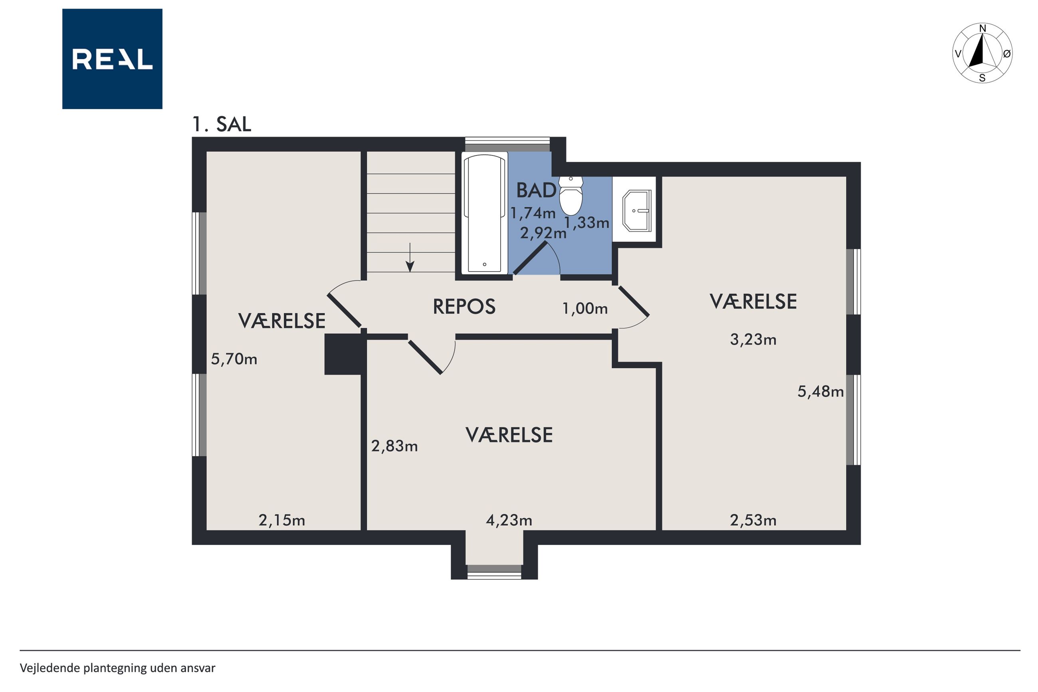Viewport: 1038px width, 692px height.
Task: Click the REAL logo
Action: pos(112,59)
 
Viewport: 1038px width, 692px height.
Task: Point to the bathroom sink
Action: pos(636,211)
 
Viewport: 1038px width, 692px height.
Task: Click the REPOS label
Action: pos(464,307)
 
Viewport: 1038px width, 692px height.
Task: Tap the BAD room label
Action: pos(536,190)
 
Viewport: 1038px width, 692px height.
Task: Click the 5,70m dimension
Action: pos(234,359)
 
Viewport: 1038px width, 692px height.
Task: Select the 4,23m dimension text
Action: pos(509,520)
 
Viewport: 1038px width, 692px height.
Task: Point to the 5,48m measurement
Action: pos(820,391)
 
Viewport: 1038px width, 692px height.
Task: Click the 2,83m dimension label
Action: pos(394,446)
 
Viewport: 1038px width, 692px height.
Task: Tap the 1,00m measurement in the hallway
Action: pos(585,309)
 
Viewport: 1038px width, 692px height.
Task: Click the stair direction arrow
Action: pos(410,257)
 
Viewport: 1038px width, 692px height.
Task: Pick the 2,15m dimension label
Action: pos(282,521)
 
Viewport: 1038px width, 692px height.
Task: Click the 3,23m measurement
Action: pos(753,339)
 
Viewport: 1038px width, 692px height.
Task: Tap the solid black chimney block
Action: pos(343,354)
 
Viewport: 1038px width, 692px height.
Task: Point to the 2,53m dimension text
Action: pos(753,520)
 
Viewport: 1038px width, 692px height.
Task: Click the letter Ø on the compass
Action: pos(1007,54)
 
